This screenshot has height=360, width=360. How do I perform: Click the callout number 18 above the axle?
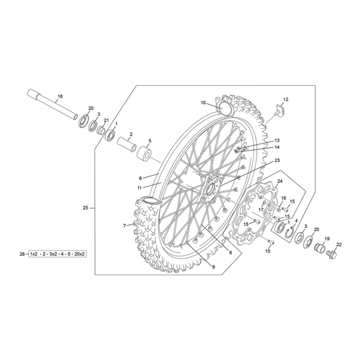point(60,96)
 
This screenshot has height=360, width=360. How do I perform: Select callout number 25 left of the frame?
point(85,208)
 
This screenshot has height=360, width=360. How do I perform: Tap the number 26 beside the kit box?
point(22,254)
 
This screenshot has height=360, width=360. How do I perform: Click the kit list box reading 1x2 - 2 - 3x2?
point(57,254)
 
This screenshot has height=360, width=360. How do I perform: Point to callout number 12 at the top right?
point(285,99)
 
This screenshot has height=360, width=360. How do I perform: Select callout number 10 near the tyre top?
point(203,102)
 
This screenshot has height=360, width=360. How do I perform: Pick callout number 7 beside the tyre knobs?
point(124,225)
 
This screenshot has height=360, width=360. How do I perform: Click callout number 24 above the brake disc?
point(280,181)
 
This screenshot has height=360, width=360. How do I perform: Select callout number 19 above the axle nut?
point(327,238)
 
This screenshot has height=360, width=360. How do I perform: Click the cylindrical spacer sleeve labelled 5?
point(144,154)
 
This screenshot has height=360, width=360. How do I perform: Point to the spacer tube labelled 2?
point(125,145)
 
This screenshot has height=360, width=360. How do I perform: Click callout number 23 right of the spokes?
point(277,160)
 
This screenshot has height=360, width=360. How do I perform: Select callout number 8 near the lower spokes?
point(230,252)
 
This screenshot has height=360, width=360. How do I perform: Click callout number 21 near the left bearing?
point(106,120)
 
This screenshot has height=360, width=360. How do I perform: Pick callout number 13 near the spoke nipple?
point(277,140)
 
